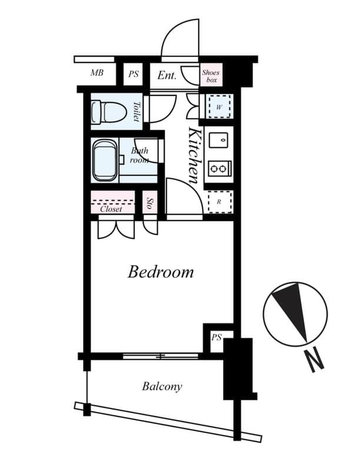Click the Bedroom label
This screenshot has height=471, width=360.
point(161,272)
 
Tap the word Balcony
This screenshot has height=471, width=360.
point(162,387)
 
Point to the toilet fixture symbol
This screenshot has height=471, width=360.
point(109,112)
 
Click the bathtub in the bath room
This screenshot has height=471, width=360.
point(105,160)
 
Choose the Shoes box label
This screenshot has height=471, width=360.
point(211,75)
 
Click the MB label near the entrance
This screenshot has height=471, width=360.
point(97,74)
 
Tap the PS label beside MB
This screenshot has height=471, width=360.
point(134,75)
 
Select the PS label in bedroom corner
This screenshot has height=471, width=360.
point(216,338)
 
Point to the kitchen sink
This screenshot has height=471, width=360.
point(219,141)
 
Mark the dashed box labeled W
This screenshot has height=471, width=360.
point(219,107)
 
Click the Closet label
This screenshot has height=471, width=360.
point(111,209)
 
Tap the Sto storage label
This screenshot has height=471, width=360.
point(149,204)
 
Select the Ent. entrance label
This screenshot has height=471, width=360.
point(167,75)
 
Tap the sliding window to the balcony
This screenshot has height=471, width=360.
point(160,356)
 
